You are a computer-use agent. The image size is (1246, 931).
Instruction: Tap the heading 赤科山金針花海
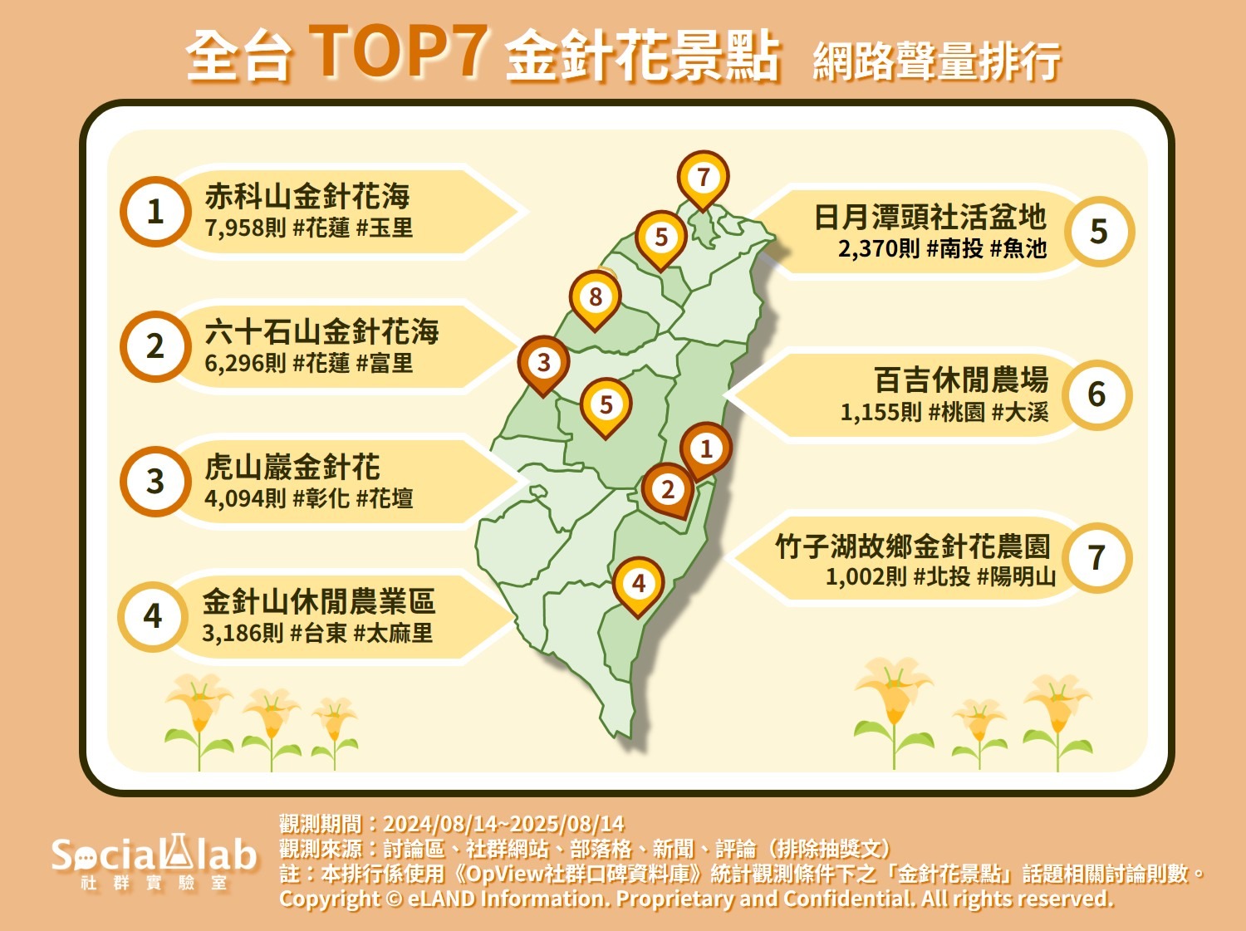[x=307, y=196]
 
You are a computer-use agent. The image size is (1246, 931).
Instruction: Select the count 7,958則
[x=245, y=228]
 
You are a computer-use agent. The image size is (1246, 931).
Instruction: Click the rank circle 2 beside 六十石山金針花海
[x=155, y=346]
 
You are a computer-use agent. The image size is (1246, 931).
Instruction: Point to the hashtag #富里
[x=385, y=363]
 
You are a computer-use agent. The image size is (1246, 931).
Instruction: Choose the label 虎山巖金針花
[x=292, y=467]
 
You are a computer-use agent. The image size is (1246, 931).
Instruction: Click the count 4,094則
[x=245, y=498]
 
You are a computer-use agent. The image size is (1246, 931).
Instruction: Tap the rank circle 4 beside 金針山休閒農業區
[x=153, y=617]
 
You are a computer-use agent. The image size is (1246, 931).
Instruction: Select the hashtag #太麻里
[x=394, y=633]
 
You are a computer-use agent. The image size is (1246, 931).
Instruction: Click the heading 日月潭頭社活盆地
[x=930, y=217]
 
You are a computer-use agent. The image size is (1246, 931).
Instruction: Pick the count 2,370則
[x=879, y=248]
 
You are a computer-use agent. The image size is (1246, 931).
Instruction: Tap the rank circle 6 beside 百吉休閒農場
[x=1096, y=394]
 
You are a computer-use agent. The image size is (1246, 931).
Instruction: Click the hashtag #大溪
[x=1019, y=412]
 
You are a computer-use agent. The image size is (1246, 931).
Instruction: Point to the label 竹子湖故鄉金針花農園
[x=913, y=546]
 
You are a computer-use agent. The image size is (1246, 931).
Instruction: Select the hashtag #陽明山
[x=1016, y=576]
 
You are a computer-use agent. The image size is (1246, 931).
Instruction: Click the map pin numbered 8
[x=596, y=300]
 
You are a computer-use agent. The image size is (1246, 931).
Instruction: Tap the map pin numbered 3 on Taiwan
[x=543, y=365]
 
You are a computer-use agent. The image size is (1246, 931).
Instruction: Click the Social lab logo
[x=154, y=861]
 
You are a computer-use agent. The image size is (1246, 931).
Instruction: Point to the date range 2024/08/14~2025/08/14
[x=503, y=823]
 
